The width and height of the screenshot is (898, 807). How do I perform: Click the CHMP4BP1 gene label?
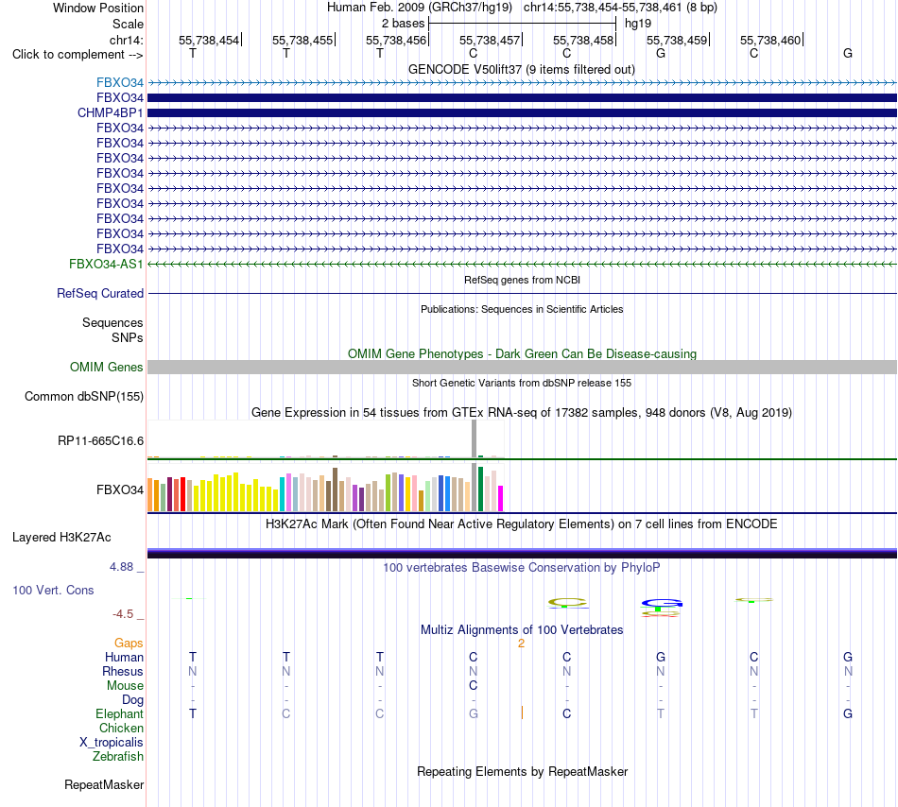point(110,112)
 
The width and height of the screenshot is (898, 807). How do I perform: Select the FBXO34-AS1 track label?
point(106,264)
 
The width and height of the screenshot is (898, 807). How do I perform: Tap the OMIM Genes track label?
point(107,367)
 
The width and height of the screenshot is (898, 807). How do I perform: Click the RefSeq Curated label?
point(100,293)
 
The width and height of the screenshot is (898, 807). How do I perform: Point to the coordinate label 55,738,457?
point(490,40)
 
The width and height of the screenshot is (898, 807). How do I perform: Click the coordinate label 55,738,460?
point(770,40)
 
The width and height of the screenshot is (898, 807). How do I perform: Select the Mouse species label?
point(125,685)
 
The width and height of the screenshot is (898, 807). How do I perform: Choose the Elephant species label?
point(120,713)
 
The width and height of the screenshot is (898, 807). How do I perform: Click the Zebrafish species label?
point(118,756)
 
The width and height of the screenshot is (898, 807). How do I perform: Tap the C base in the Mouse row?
point(473,685)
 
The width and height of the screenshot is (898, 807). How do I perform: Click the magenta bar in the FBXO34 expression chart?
point(501,498)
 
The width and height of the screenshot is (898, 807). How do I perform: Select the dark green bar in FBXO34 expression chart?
point(480,489)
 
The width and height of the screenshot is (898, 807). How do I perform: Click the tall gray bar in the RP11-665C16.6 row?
point(475,439)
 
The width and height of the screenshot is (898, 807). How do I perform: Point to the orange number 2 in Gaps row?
point(521,644)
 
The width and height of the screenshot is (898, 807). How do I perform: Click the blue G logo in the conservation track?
point(662,603)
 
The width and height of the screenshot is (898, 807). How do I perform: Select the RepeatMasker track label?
point(104,784)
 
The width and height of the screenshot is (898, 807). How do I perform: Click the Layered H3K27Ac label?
point(61,537)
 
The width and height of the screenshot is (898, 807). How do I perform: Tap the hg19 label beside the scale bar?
point(638,24)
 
